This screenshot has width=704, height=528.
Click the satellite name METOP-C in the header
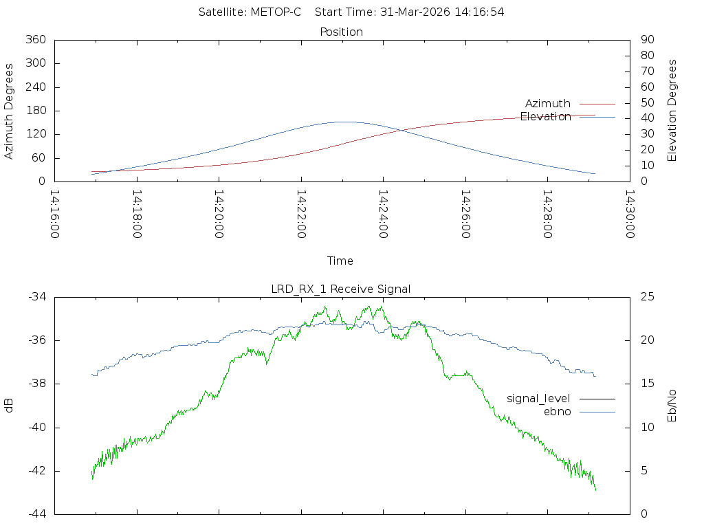(278, 12)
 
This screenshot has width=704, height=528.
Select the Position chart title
(341, 32)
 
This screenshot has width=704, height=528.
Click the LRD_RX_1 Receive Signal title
(341, 289)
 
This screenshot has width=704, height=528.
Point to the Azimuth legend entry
(548, 103)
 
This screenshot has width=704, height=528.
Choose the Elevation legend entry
(545, 116)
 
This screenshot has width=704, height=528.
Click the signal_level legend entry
(538, 398)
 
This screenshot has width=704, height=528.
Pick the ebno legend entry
(557, 411)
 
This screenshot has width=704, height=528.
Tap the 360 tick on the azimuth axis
(35, 40)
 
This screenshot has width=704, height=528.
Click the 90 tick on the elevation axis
(646, 40)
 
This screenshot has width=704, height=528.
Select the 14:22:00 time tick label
(301, 215)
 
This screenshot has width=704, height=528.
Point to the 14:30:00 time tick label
(630, 215)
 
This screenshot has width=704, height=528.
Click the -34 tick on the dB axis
(36, 297)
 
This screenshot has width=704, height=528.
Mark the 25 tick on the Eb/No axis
(646, 297)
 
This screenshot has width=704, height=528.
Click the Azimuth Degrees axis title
(10, 111)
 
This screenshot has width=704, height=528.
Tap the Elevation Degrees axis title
(672, 111)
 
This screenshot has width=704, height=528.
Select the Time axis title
(340, 261)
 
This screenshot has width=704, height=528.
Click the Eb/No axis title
(672, 406)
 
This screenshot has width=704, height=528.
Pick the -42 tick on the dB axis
(36, 471)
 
